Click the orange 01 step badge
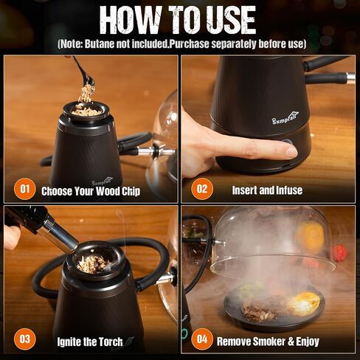(x=24, y=190)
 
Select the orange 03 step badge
(x=24, y=339)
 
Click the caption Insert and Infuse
(x=267, y=190)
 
